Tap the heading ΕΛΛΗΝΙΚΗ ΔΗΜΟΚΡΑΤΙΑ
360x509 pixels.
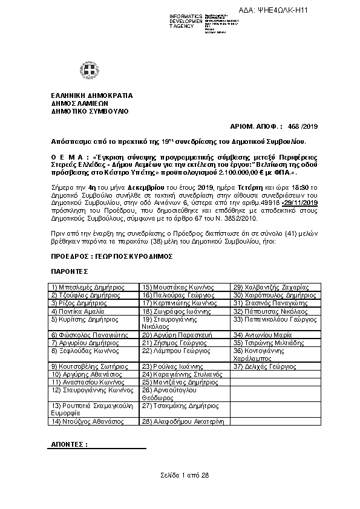tap(92, 96)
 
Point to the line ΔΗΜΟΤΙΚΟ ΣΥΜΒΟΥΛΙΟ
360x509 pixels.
tap(90, 111)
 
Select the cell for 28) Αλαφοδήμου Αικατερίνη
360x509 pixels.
tap(183, 421)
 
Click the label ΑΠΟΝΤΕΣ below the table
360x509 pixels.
tap(70, 444)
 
